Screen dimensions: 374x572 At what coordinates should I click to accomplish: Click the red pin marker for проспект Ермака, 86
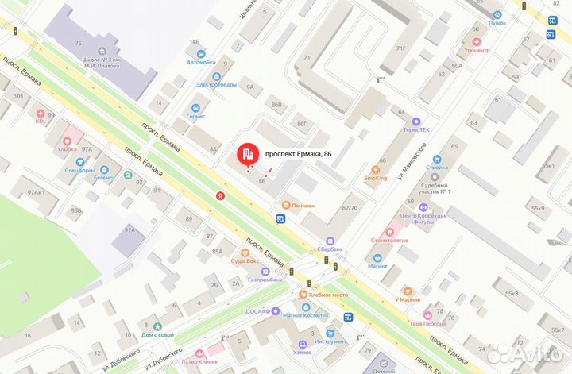point(246,153)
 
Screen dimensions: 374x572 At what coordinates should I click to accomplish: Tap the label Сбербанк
point(327,249)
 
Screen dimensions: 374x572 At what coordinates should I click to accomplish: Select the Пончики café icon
point(282,205)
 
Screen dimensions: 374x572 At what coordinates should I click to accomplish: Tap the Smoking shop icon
point(377,168)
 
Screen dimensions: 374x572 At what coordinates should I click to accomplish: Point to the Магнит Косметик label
point(305,315)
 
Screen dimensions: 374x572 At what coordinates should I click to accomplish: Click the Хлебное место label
point(328,295)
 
